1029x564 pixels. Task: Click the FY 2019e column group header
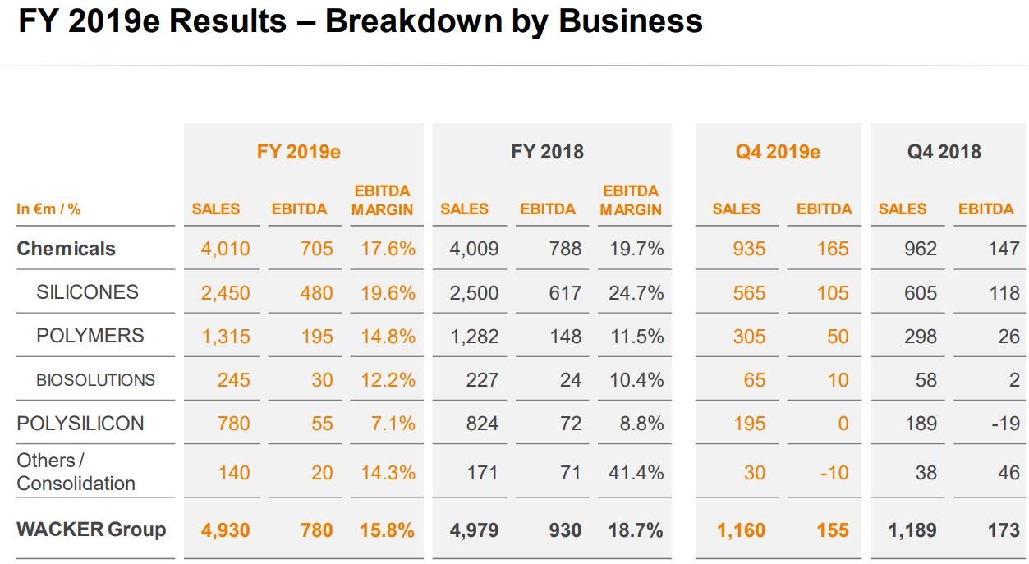coord(298,152)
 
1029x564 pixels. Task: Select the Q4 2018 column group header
coord(944,152)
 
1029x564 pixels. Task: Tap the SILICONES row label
coord(87,291)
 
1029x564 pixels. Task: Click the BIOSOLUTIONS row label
coord(95,379)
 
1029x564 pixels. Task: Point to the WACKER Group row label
coord(91,530)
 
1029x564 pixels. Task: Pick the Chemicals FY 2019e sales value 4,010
coord(225,249)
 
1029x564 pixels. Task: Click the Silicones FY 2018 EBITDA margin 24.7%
coord(636,292)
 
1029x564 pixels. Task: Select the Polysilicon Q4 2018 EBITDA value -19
coord(1003,424)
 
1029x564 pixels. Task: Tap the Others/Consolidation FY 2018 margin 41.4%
coord(636,473)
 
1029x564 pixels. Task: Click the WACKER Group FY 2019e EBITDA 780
coord(316,530)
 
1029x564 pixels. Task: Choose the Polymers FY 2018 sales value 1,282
coord(474,336)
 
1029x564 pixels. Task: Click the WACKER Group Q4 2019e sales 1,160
coord(741,530)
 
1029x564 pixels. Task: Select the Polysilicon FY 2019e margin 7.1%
coord(388,424)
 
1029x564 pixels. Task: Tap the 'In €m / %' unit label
coord(48,209)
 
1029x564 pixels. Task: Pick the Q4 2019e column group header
coord(778,152)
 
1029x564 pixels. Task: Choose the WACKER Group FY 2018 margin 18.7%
coord(636,530)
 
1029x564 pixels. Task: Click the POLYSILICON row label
coord(80,424)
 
